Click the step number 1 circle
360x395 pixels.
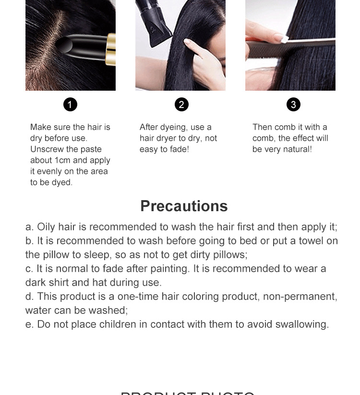click(70, 104)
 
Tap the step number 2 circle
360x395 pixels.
click(181, 104)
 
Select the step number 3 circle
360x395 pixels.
click(293, 104)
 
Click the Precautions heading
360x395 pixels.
click(184, 206)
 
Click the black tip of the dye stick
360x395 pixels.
click(64, 46)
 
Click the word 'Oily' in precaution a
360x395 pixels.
click(46, 227)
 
